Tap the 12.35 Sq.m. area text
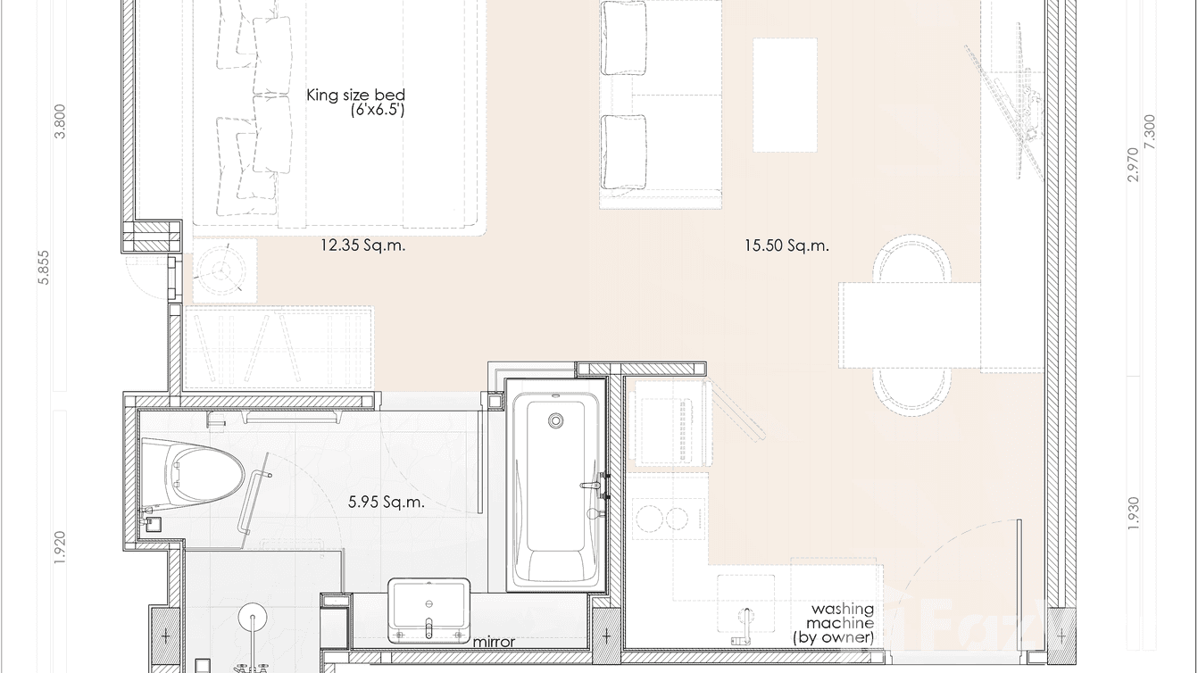[362, 245]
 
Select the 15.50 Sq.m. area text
[786, 245]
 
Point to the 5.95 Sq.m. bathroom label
[386, 503]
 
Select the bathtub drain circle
[557, 420]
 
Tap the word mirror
[494, 642]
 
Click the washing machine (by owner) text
[840, 623]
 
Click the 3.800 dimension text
[60, 121]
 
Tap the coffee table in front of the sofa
[785, 95]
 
